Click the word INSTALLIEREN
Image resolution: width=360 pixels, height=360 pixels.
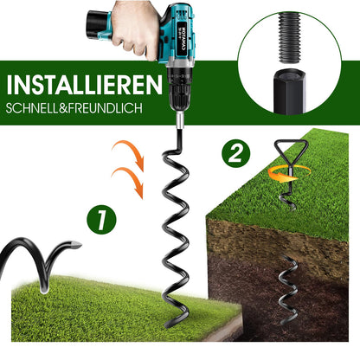pos(85,85)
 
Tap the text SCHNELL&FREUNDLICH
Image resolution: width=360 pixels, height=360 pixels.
pos(74,108)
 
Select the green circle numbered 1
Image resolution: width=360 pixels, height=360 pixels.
pos(101,220)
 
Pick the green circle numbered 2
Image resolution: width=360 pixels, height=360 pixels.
pos(236,153)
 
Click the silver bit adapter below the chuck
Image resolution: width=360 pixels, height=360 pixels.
pos(179,119)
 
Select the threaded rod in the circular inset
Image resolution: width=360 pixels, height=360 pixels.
pos(290,37)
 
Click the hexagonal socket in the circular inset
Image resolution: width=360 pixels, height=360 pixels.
pos(289,91)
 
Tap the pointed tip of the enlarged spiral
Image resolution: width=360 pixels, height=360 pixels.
pos(78,245)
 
